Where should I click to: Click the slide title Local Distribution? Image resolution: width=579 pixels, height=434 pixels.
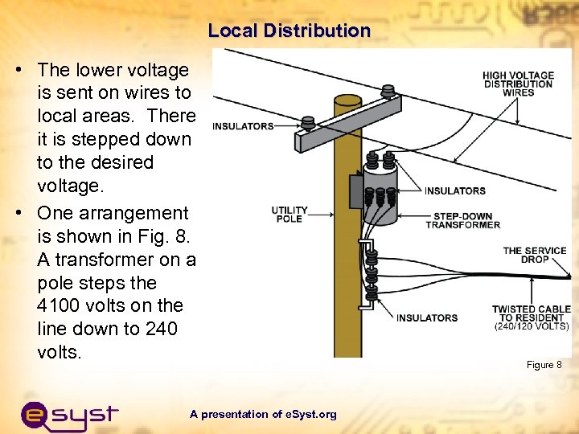tap(289, 31)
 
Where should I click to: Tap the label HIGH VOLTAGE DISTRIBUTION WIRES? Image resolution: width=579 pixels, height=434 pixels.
tap(518, 84)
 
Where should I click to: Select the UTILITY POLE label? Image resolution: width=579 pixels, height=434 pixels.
tap(289, 215)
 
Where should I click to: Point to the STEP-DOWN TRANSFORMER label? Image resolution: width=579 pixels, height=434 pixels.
tap(462, 220)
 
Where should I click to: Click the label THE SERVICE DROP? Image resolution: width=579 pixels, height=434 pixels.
tap(524, 255)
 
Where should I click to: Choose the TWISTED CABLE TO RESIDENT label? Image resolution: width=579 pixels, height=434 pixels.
tap(531, 313)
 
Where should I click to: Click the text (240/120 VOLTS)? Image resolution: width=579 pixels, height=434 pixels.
tap(531, 327)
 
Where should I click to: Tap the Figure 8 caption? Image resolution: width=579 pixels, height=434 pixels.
tap(544, 365)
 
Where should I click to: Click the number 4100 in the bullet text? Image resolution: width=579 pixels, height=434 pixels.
tap(61, 306)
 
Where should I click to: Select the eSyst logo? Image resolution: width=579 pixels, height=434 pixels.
tap(69, 415)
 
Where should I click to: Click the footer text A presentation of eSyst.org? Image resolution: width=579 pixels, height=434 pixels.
tap(263, 415)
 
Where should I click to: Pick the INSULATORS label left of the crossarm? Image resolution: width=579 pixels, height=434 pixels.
tap(244, 126)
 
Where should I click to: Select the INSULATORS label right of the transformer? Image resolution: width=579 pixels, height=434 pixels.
tap(454, 190)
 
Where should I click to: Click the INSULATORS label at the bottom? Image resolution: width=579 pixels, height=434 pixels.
tap(426, 318)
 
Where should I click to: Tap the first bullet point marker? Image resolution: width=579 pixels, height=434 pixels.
tap(18, 71)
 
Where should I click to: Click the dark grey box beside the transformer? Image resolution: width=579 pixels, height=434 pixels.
tap(355, 193)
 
